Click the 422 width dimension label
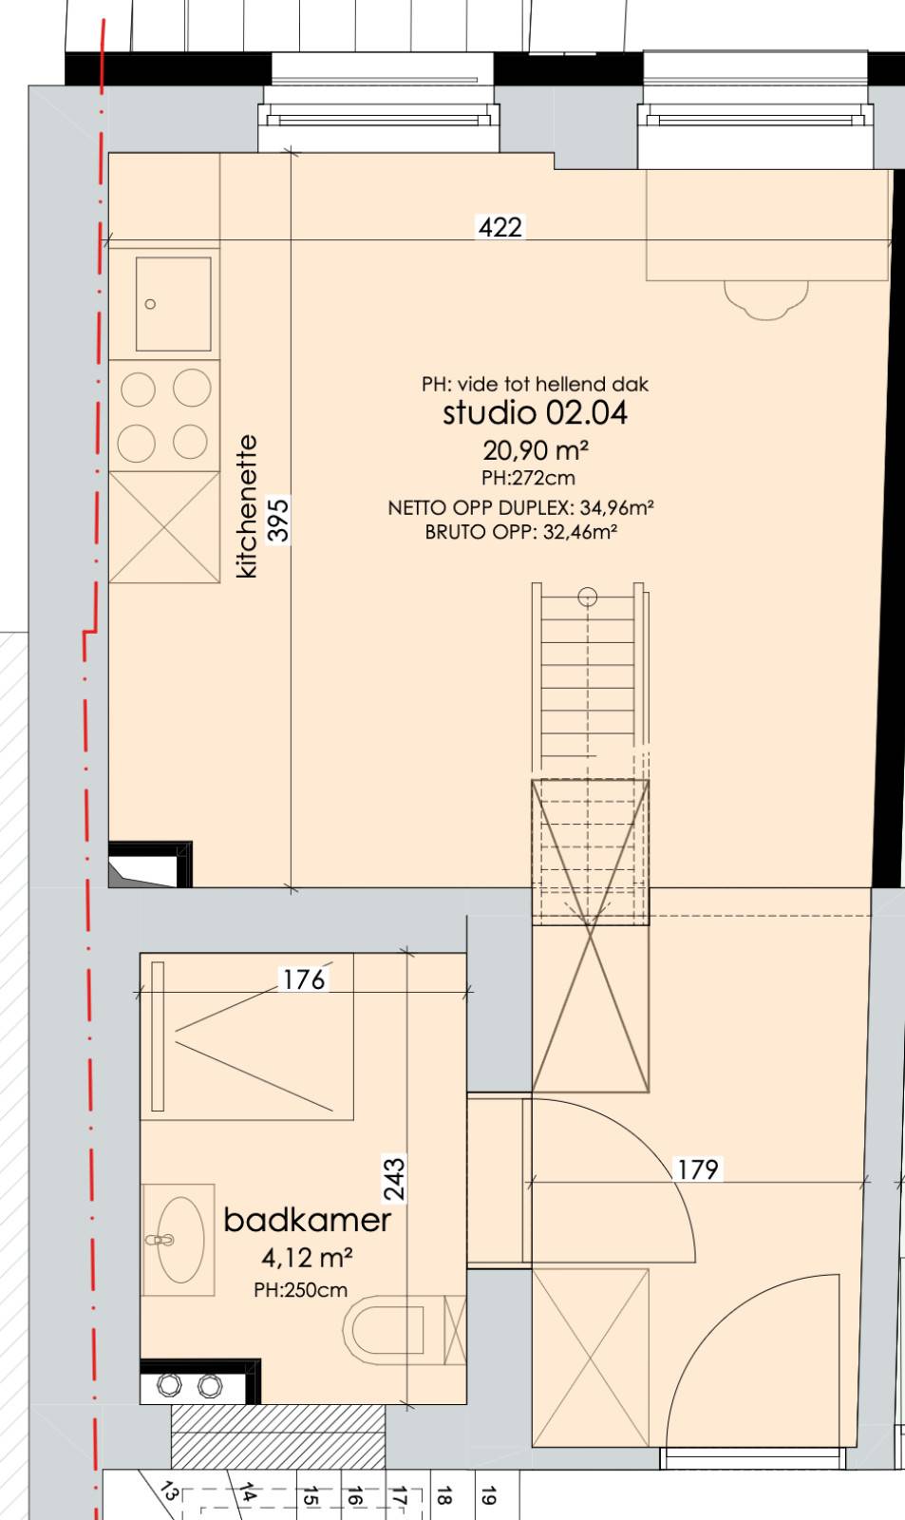500,227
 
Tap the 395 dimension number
278,520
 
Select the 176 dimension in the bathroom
304,979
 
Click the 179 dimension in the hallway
698,1169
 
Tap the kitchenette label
246,507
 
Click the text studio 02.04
535,412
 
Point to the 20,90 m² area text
536,449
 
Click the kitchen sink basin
173,304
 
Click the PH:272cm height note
528,478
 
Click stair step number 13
170,1491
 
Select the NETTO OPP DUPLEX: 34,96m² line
520,507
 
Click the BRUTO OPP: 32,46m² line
521,532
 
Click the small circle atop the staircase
588,598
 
